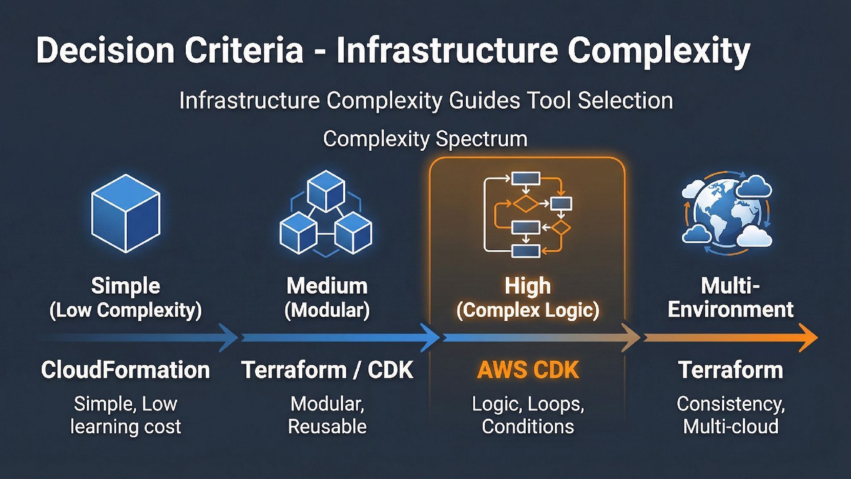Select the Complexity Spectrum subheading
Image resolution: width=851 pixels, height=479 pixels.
pos(425,139)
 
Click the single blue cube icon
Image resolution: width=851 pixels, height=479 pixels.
pos(125,213)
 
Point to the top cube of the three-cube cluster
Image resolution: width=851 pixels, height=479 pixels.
pos(326,191)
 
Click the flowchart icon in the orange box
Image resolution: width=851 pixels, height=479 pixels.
pos(527,215)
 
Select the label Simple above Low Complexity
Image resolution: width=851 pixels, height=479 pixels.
pos(125,286)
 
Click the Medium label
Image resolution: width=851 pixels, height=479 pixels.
pos(327,286)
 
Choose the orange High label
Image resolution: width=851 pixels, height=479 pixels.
pos(527,286)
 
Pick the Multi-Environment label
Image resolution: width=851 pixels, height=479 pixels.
pos(730,298)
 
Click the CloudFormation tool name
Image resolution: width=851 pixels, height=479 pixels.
pos(125,370)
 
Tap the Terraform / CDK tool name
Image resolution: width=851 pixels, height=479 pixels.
pos(327,370)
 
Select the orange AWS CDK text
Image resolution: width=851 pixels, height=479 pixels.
pos(527,370)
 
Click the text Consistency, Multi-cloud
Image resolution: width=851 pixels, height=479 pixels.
pos(730,415)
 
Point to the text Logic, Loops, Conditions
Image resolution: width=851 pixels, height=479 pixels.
pos(527,415)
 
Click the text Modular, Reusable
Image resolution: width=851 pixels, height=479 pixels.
pos(327,415)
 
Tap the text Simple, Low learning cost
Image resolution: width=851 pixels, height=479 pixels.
pos(125,415)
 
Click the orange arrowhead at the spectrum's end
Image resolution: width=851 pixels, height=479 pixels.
pos(808,338)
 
